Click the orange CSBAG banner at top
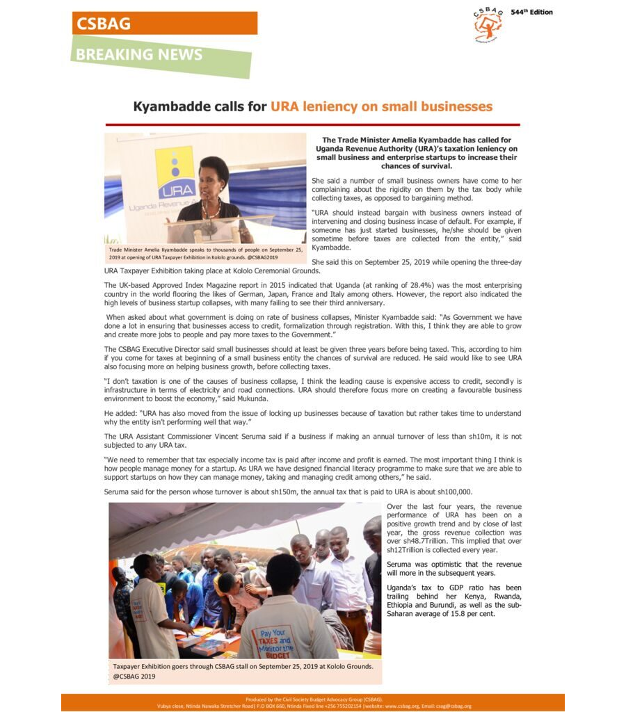pos(164,23)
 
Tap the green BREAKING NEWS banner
pos(160,55)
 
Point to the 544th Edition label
pos(531,13)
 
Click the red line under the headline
pos(312,124)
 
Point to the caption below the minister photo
pos(205,253)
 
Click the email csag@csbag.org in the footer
pos(451,706)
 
